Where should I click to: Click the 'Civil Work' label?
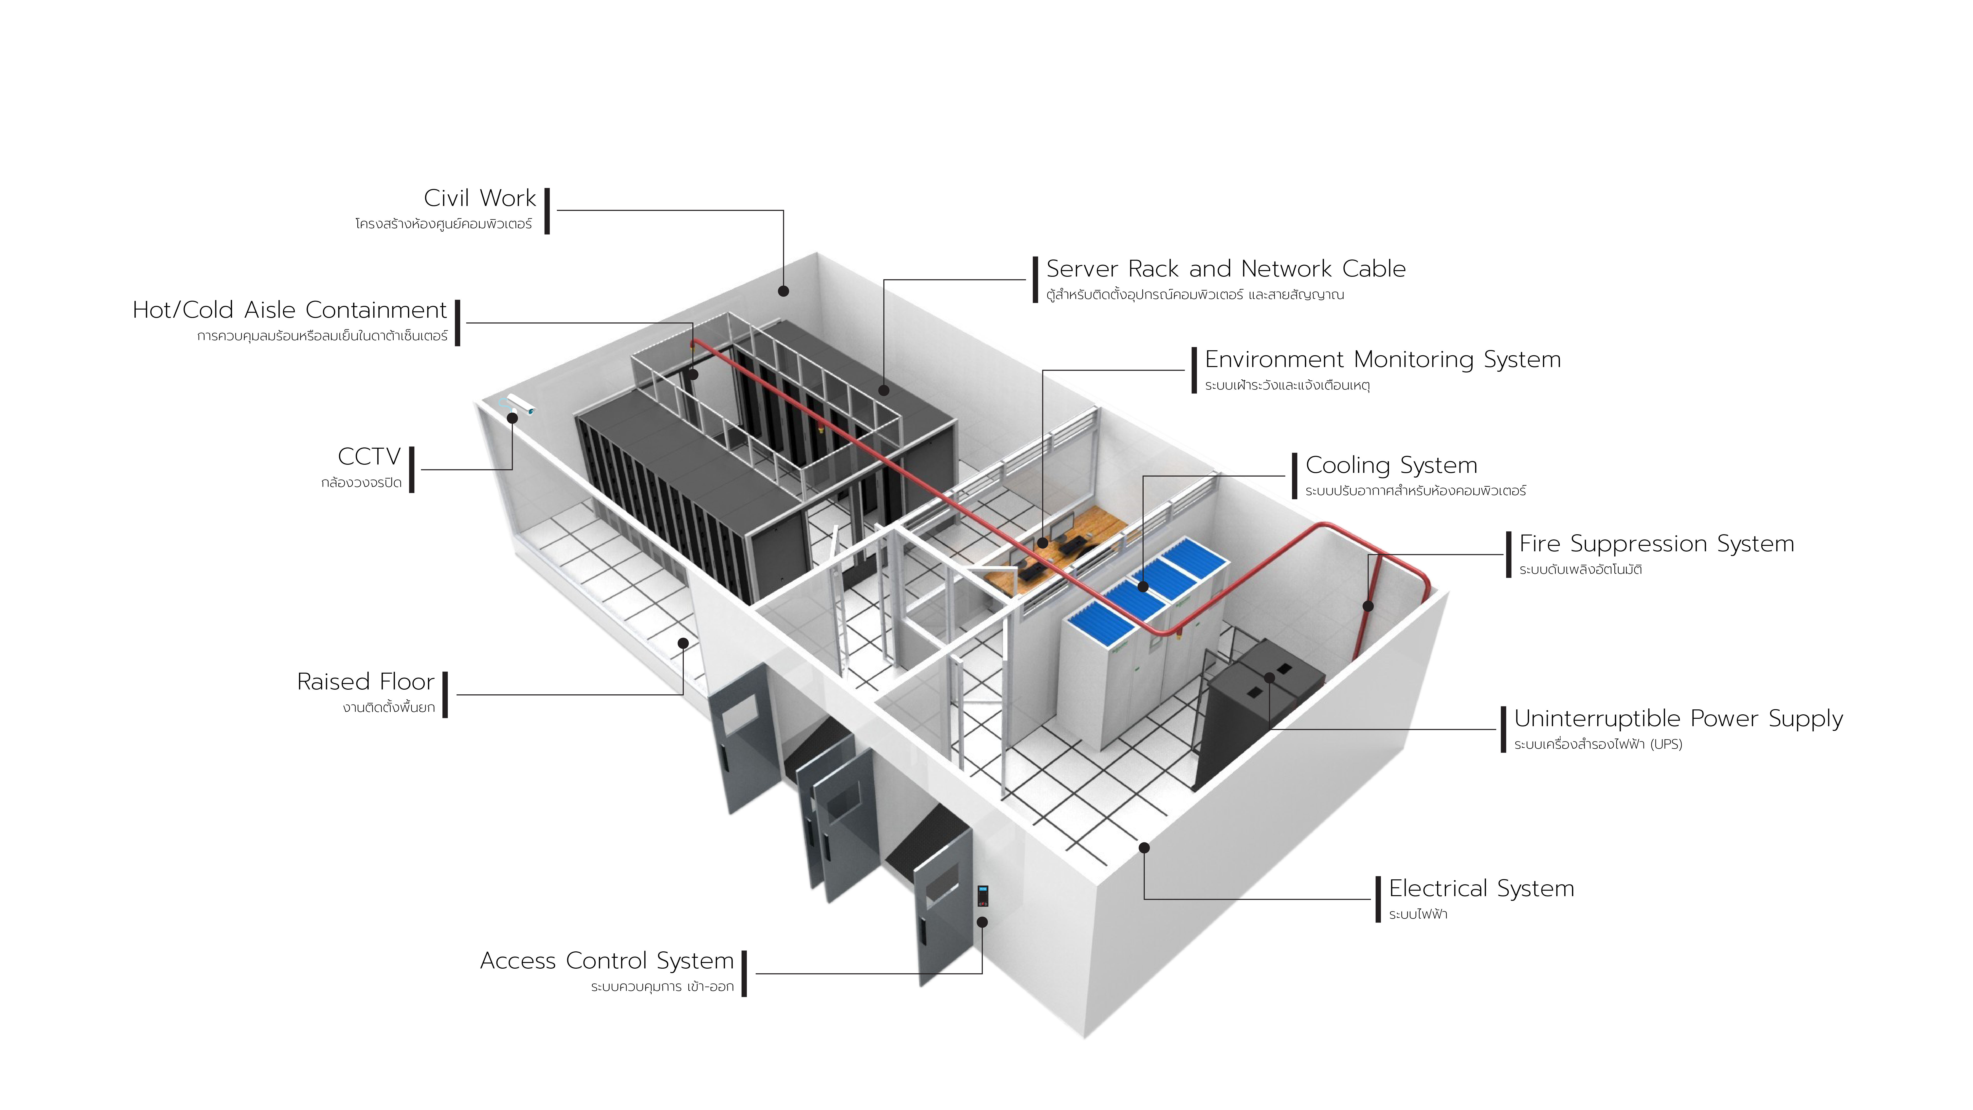[479, 198]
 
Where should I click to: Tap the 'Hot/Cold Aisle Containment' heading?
[290, 310]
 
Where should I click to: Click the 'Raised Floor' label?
[365, 682]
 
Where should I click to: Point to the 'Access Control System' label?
[607, 961]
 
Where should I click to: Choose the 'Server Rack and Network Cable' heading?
[1225, 269]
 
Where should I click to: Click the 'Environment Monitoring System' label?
[1383, 359]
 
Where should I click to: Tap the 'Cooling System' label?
[1391, 465]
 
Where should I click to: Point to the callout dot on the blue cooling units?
[1143, 587]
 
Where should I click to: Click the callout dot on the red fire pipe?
[1368, 606]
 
